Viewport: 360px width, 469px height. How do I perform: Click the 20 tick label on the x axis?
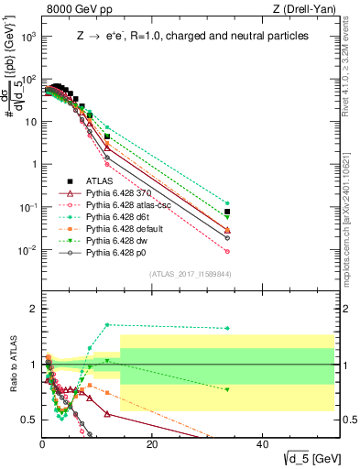pos(152,444)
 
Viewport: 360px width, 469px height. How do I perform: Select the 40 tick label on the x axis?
pos(262,444)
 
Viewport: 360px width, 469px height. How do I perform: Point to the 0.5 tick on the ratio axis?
pos(29,420)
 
